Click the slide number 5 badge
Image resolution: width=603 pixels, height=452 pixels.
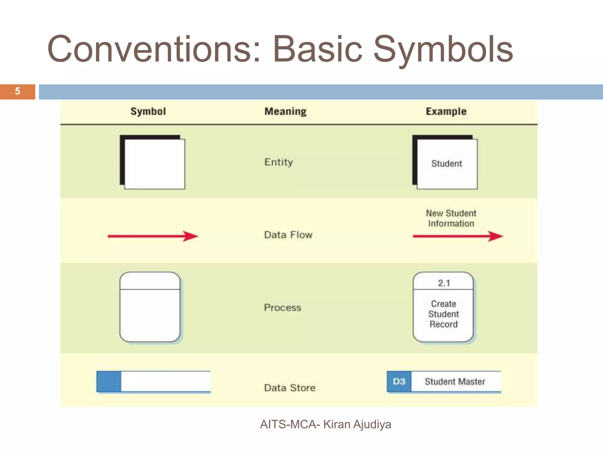tap(17, 92)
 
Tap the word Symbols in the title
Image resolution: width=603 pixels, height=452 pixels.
tap(443, 49)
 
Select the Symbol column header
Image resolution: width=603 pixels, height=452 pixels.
tap(148, 112)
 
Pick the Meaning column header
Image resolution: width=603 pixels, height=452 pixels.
tap(285, 112)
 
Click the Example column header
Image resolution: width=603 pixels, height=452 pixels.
tap(446, 112)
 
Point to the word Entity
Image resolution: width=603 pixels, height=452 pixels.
tap(279, 162)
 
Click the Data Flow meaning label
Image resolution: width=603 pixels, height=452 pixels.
tap(288, 235)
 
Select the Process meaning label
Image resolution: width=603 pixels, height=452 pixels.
tap(282, 308)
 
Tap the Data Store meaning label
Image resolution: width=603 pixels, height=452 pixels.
tap(289, 388)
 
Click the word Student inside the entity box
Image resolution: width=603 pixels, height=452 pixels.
tap(446, 164)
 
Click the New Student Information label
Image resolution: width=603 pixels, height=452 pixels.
tap(451, 218)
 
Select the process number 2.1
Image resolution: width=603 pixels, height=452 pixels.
tap(444, 283)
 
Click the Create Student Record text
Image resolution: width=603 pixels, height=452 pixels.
tap(443, 314)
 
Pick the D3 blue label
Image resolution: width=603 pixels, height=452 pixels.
tap(399, 382)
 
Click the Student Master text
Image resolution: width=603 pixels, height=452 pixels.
tap(455, 382)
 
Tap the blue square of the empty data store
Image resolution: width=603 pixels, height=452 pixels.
tap(109, 381)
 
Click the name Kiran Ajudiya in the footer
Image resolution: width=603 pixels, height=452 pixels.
tap(357, 424)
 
